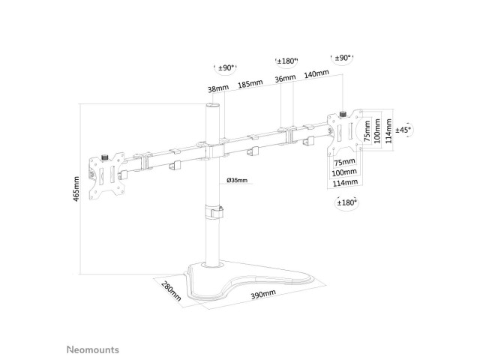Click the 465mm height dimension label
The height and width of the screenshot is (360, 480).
[76, 189]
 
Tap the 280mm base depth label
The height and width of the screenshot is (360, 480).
[172, 291]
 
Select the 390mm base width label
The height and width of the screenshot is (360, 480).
[263, 294]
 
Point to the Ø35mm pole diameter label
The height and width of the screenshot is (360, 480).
[237, 180]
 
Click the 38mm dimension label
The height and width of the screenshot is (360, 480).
[218, 88]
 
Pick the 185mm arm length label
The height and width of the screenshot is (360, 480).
[250, 83]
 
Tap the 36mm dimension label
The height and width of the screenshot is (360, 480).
[285, 78]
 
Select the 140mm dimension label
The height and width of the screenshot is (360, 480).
[316, 73]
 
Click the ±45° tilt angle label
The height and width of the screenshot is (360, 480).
[403, 130]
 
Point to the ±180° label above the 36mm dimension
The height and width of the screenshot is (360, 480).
[286, 61]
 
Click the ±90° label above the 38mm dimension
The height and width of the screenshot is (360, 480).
[226, 67]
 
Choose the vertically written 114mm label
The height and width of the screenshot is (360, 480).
[388, 131]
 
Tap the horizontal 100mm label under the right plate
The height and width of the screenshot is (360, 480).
[345, 172]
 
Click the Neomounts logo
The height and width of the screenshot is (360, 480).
[93, 349]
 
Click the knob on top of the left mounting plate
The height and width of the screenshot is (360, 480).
[105, 157]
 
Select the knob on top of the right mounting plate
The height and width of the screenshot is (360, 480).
[343, 114]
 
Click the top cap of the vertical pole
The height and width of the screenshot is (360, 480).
[213, 106]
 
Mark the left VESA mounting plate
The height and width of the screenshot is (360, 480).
[106, 176]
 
